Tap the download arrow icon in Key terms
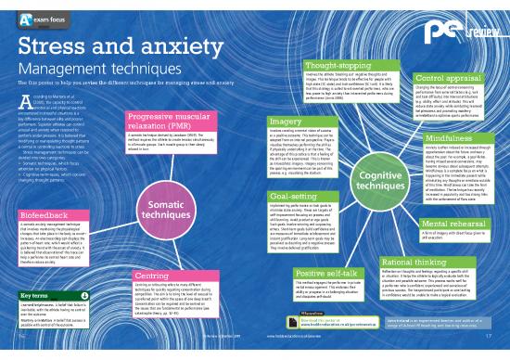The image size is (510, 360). click(84, 295)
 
